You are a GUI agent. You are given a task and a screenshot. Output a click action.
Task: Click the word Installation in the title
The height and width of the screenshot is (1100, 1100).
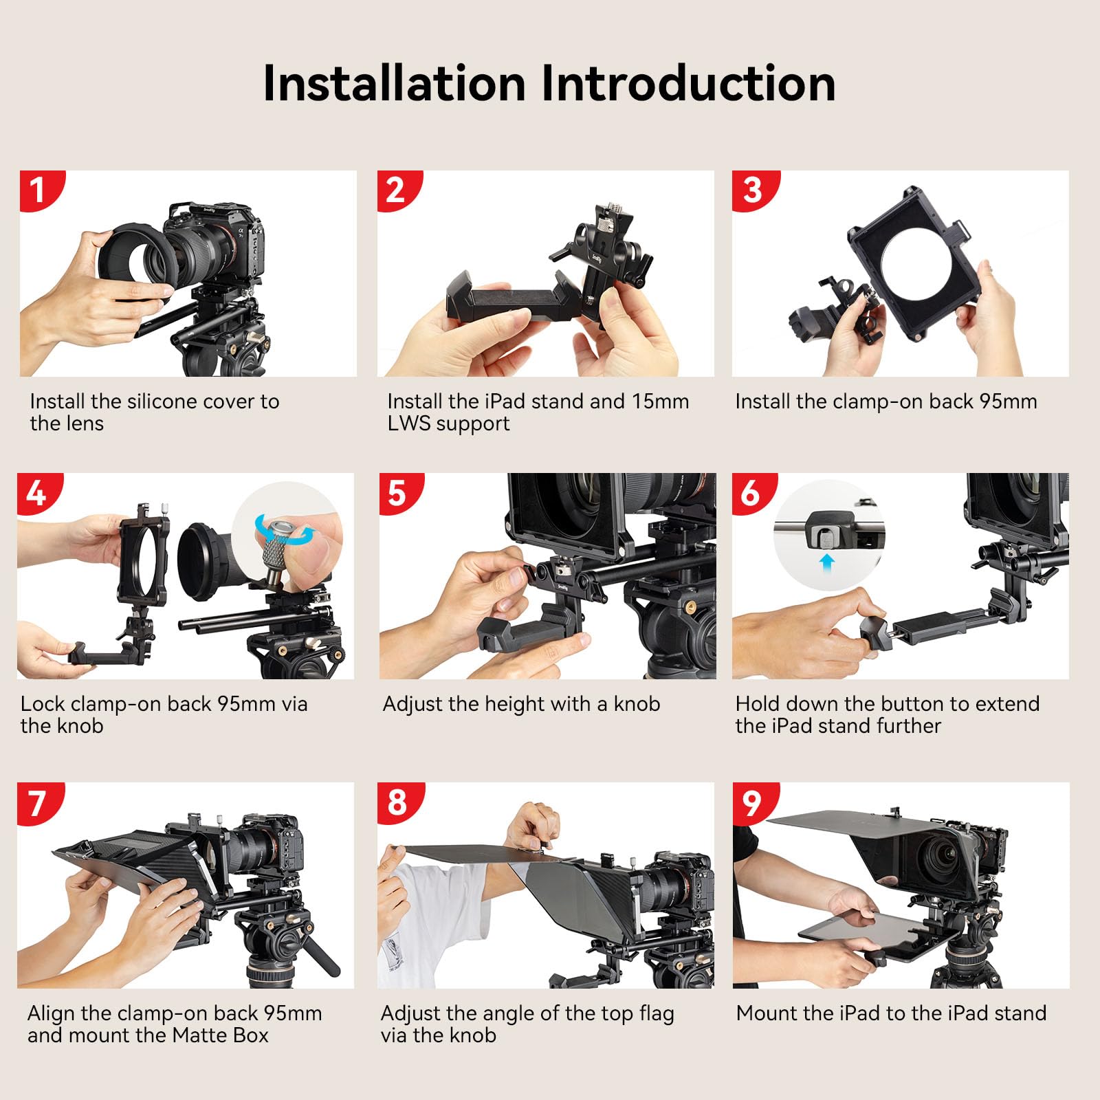point(395,84)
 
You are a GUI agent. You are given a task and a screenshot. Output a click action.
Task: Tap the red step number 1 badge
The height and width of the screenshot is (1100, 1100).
point(38,190)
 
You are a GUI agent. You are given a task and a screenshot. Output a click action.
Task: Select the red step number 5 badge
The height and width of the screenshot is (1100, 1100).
point(397,493)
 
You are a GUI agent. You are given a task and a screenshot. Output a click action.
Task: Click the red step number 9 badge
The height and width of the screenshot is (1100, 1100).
point(752,802)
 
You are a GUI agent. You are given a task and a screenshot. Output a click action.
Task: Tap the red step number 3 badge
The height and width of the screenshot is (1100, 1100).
point(752,190)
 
